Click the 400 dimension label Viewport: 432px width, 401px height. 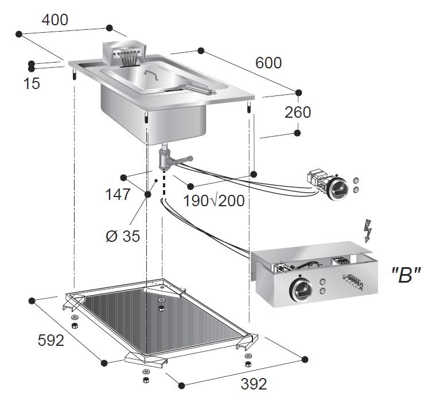click(55, 19)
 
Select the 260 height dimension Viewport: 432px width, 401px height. click(298, 112)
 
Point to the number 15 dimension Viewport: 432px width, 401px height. click(32, 83)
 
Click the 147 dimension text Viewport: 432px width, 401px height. click(118, 194)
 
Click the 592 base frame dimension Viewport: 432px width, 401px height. click(50, 340)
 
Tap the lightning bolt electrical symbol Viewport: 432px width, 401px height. click(368, 230)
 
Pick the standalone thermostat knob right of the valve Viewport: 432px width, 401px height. click(337, 187)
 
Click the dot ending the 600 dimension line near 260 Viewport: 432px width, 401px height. click(297, 92)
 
